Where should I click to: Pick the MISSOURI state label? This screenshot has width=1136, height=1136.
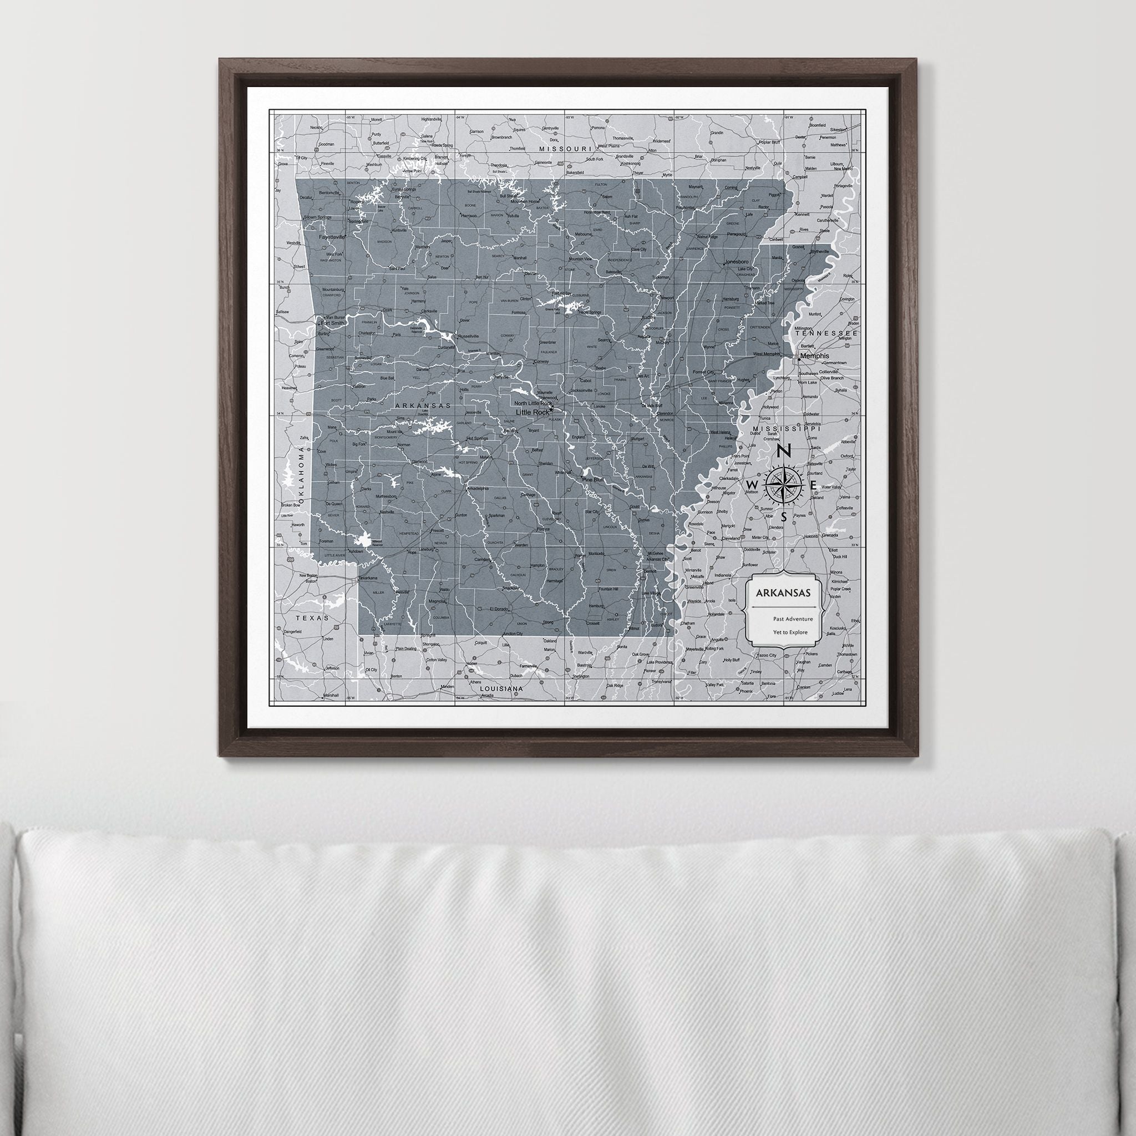565,149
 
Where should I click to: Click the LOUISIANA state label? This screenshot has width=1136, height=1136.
501,687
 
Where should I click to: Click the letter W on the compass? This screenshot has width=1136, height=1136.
752,484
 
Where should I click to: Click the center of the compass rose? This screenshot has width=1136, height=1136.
784,484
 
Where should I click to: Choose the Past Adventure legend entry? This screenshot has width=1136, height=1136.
793,618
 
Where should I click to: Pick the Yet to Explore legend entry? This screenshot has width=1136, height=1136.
790,633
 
